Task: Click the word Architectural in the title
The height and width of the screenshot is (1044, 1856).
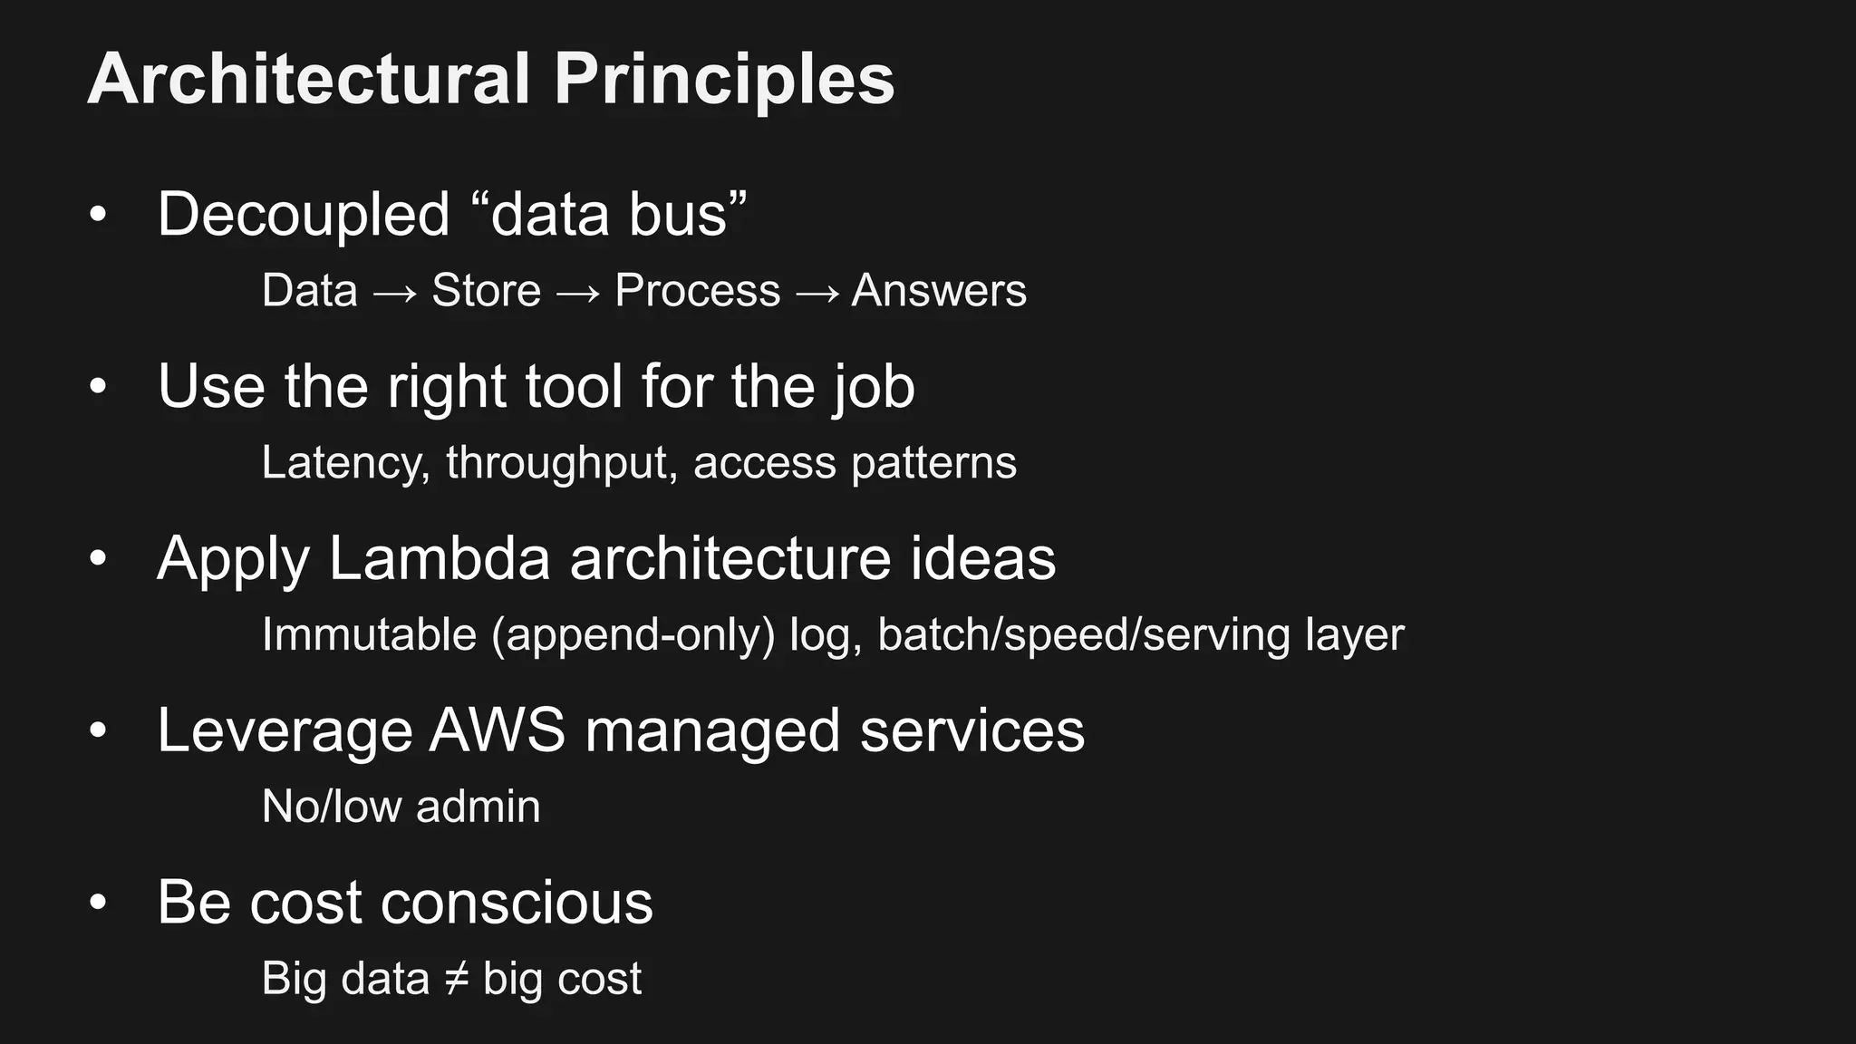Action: click(x=308, y=79)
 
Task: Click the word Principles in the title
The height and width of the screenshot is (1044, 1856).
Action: click(x=724, y=79)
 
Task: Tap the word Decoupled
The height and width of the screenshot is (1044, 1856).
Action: click(x=304, y=215)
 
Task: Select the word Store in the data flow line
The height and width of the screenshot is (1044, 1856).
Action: click(x=486, y=291)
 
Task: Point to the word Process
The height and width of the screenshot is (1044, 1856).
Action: click(x=697, y=291)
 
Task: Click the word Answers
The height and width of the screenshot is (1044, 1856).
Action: click(x=939, y=291)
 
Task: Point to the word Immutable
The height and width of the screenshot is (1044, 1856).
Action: click(x=369, y=634)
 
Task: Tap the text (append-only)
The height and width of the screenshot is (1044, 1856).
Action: click(x=633, y=634)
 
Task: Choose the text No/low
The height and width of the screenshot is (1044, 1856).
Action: click(x=331, y=807)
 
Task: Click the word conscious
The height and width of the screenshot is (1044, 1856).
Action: click(x=517, y=903)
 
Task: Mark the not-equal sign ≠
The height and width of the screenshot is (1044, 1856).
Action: click(x=456, y=979)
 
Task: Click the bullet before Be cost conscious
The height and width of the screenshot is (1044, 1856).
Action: click(x=98, y=903)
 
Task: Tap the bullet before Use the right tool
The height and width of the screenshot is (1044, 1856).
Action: click(x=98, y=387)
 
